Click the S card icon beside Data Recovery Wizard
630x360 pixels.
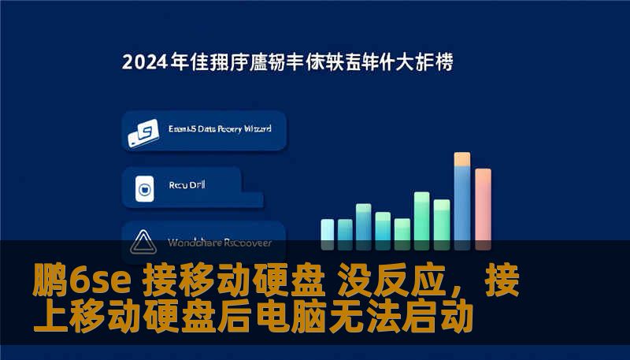tap(144, 133)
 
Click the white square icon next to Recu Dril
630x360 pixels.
tap(144, 188)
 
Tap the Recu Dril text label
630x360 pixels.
tap(187, 187)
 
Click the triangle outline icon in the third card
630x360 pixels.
tap(143, 240)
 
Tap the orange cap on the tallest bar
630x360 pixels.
tap(462, 159)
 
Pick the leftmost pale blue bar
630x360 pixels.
tap(327, 230)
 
